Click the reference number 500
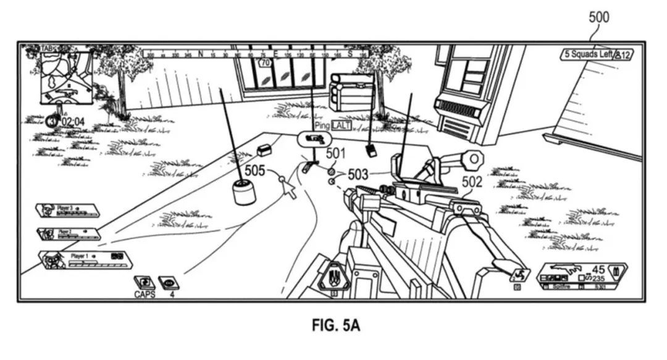click(598, 17)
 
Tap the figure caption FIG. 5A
click(333, 325)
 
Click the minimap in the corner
click(65, 77)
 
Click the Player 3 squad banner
click(68, 210)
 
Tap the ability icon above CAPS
click(145, 282)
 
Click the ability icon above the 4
click(169, 282)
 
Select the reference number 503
click(359, 175)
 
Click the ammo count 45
click(598, 269)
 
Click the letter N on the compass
click(200, 54)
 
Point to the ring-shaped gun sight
click(472, 159)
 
